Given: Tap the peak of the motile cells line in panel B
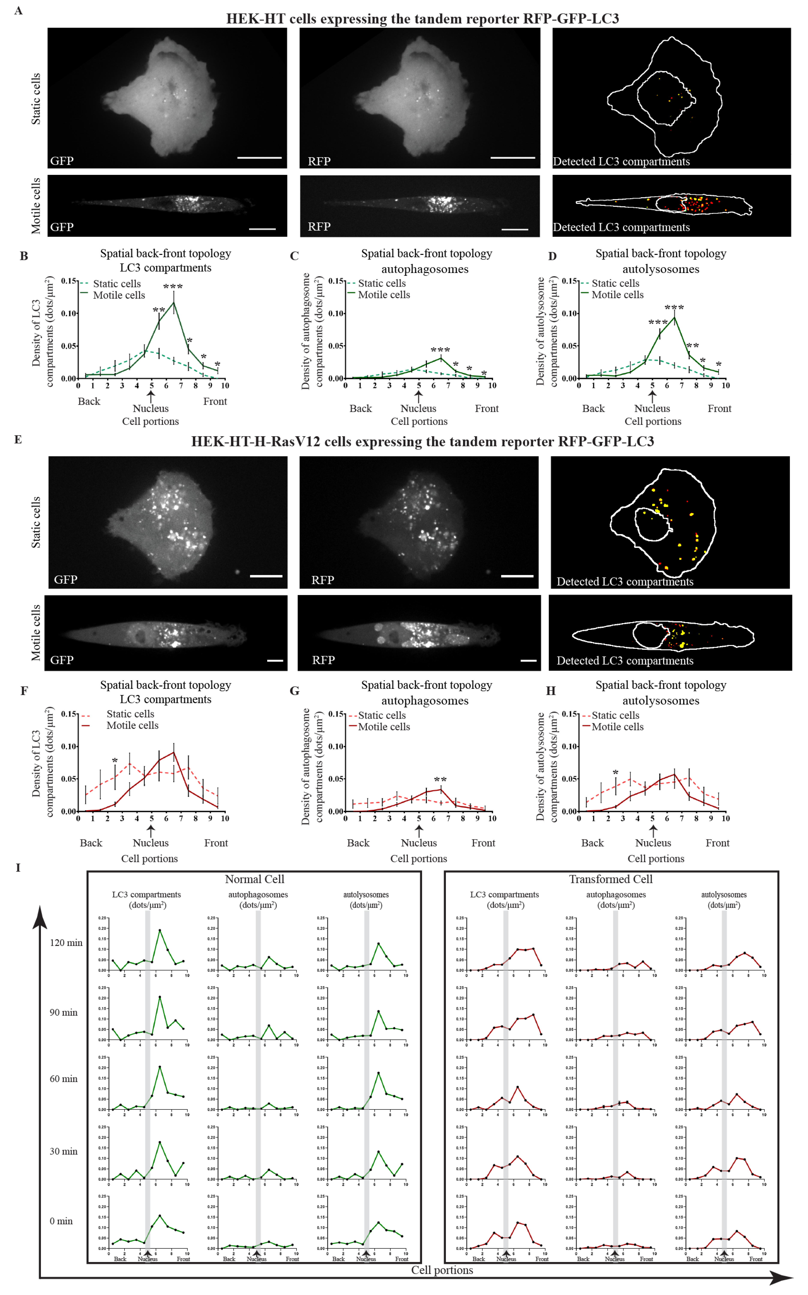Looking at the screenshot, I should tap(173, 303).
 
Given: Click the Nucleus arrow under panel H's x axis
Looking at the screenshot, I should tap(652, 831).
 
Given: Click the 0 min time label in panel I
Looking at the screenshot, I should tap(61, 1221).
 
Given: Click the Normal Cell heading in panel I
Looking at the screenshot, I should tap(254, 879).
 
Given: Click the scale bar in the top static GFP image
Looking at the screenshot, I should tap(259, 158).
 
